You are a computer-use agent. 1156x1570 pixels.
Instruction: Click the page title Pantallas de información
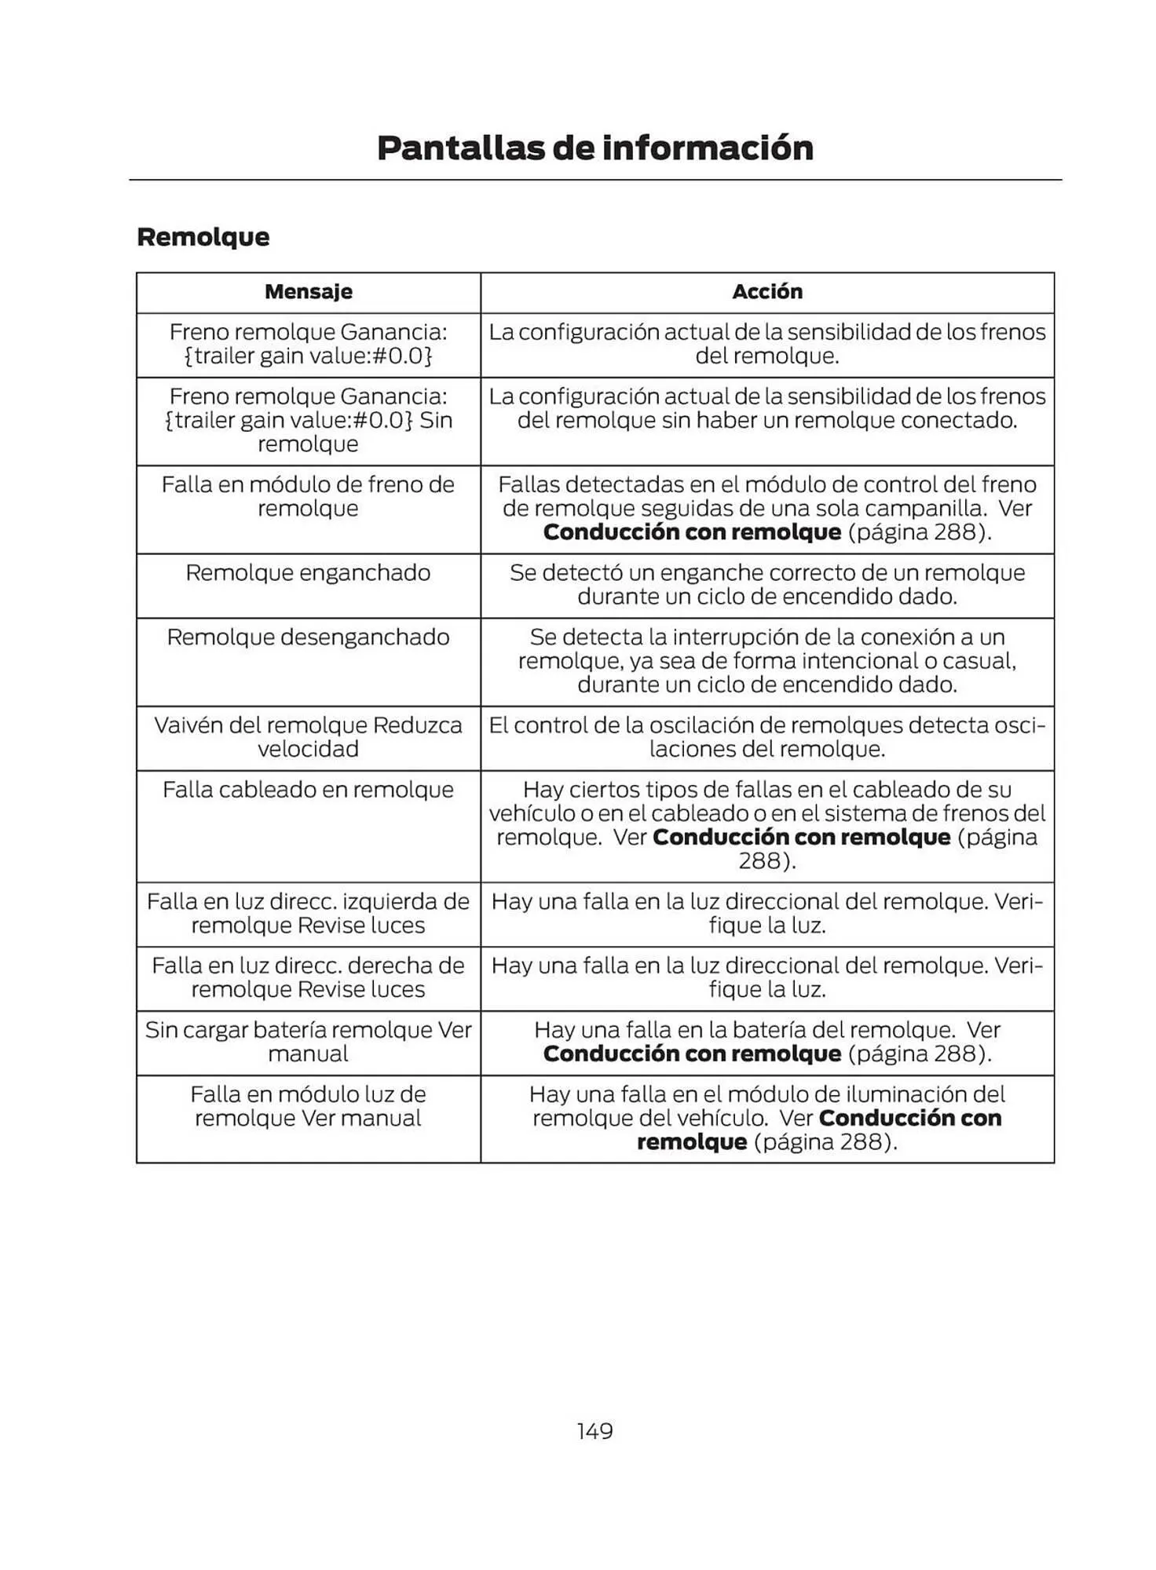point(594,148)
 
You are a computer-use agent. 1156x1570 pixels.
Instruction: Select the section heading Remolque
point(203,237)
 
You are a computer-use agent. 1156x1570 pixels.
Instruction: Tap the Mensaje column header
point(308,292)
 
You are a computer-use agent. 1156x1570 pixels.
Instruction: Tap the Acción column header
point(766,292)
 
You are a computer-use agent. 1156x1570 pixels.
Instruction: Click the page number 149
point(594,1431)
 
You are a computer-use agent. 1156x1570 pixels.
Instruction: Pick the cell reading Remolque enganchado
point(308,573)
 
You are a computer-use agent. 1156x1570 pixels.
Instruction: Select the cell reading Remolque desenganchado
point(308,637)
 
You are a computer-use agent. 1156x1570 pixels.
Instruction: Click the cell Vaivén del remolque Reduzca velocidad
point(308,737)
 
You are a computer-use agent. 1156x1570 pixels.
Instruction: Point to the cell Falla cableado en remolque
point(308,790)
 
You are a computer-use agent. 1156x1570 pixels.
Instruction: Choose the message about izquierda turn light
point(308,913)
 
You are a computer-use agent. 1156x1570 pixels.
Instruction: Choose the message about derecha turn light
point(308,977)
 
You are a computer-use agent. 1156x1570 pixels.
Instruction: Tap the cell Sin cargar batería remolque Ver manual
point(308,1042)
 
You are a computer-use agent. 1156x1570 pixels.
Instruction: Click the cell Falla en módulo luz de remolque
point(308,1106)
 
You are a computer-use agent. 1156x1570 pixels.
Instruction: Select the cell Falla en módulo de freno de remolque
point(308,496)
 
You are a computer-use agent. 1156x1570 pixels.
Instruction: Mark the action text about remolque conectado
point(766,421)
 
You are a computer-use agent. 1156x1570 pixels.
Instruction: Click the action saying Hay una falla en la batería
point(766,1042)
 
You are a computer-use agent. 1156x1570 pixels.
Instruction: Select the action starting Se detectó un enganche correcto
point(766,585)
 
